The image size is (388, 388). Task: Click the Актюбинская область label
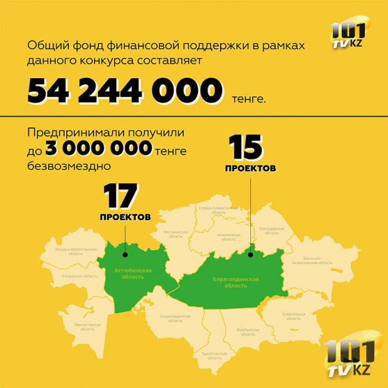(132, 273)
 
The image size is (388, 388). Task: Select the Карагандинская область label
(236, 282)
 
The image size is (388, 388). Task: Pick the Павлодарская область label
(271, 231)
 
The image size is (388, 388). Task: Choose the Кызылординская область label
(175, 318)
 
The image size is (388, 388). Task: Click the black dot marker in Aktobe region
(125, 253)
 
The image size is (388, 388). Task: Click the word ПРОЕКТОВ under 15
(249, 168)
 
